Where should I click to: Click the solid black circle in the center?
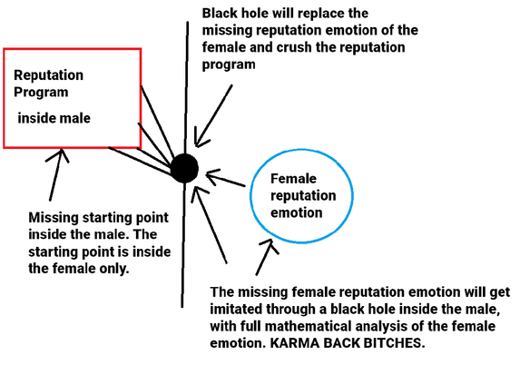coord(184,168)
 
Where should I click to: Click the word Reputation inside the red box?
coord(48,75)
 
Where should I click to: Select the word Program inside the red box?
coord(41,93)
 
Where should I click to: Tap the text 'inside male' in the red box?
coord(54,118)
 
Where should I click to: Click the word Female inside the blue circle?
coord(293,179)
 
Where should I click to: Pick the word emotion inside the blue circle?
coord(297,212)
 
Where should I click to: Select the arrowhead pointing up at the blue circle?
coord(270,246)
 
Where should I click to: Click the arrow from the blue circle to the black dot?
coord(225,178)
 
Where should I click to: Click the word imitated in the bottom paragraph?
coord(235,309)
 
